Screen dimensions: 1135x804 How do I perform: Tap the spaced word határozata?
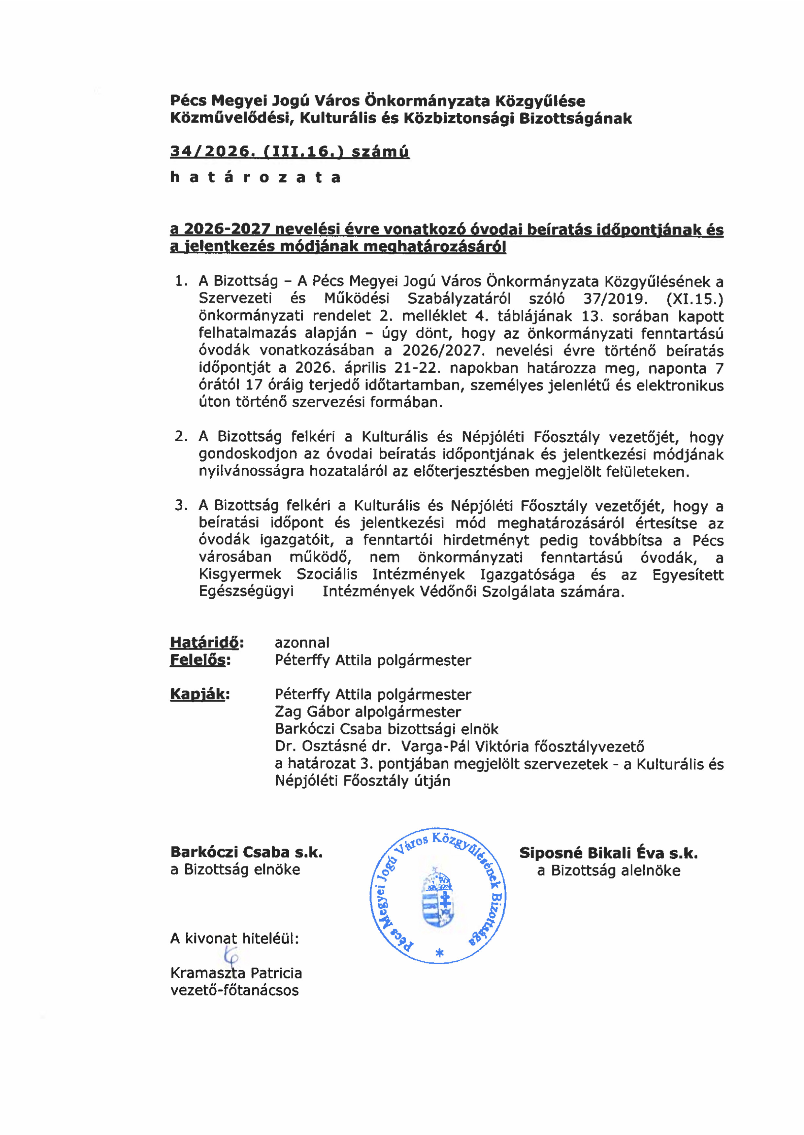[255, 177]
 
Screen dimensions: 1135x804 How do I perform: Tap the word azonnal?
[302, 643]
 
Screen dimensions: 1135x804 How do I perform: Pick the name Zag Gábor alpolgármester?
[368, 712]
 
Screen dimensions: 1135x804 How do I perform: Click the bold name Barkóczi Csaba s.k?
[246, 852]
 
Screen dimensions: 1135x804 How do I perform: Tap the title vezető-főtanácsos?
[234, 990]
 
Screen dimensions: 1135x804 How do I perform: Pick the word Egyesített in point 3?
[688, 574]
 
